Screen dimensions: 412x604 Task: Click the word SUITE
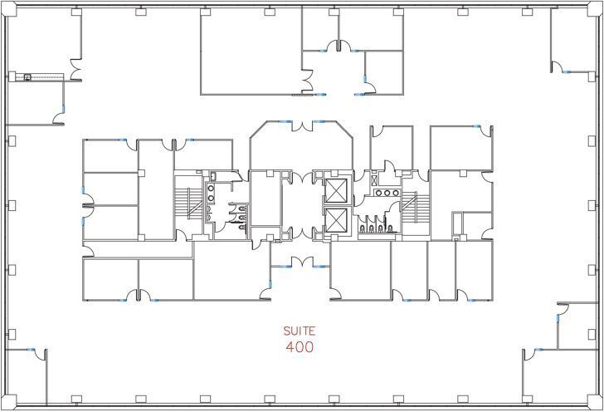click(x=299, y=331)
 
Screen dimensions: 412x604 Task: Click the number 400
click(x=299, y=347)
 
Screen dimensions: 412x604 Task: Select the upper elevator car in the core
click(x=338, y=190)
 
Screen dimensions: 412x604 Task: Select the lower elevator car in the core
click(x=338, y=220)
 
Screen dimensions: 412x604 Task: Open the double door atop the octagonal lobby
click(x=301, y=124)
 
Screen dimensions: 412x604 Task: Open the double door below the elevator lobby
click(x=301, y=264)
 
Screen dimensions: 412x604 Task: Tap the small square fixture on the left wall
click(x=27, y=77)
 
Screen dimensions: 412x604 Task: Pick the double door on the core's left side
click(x=87, y=208)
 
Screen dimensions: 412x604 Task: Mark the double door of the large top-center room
click(x=308, y=81)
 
